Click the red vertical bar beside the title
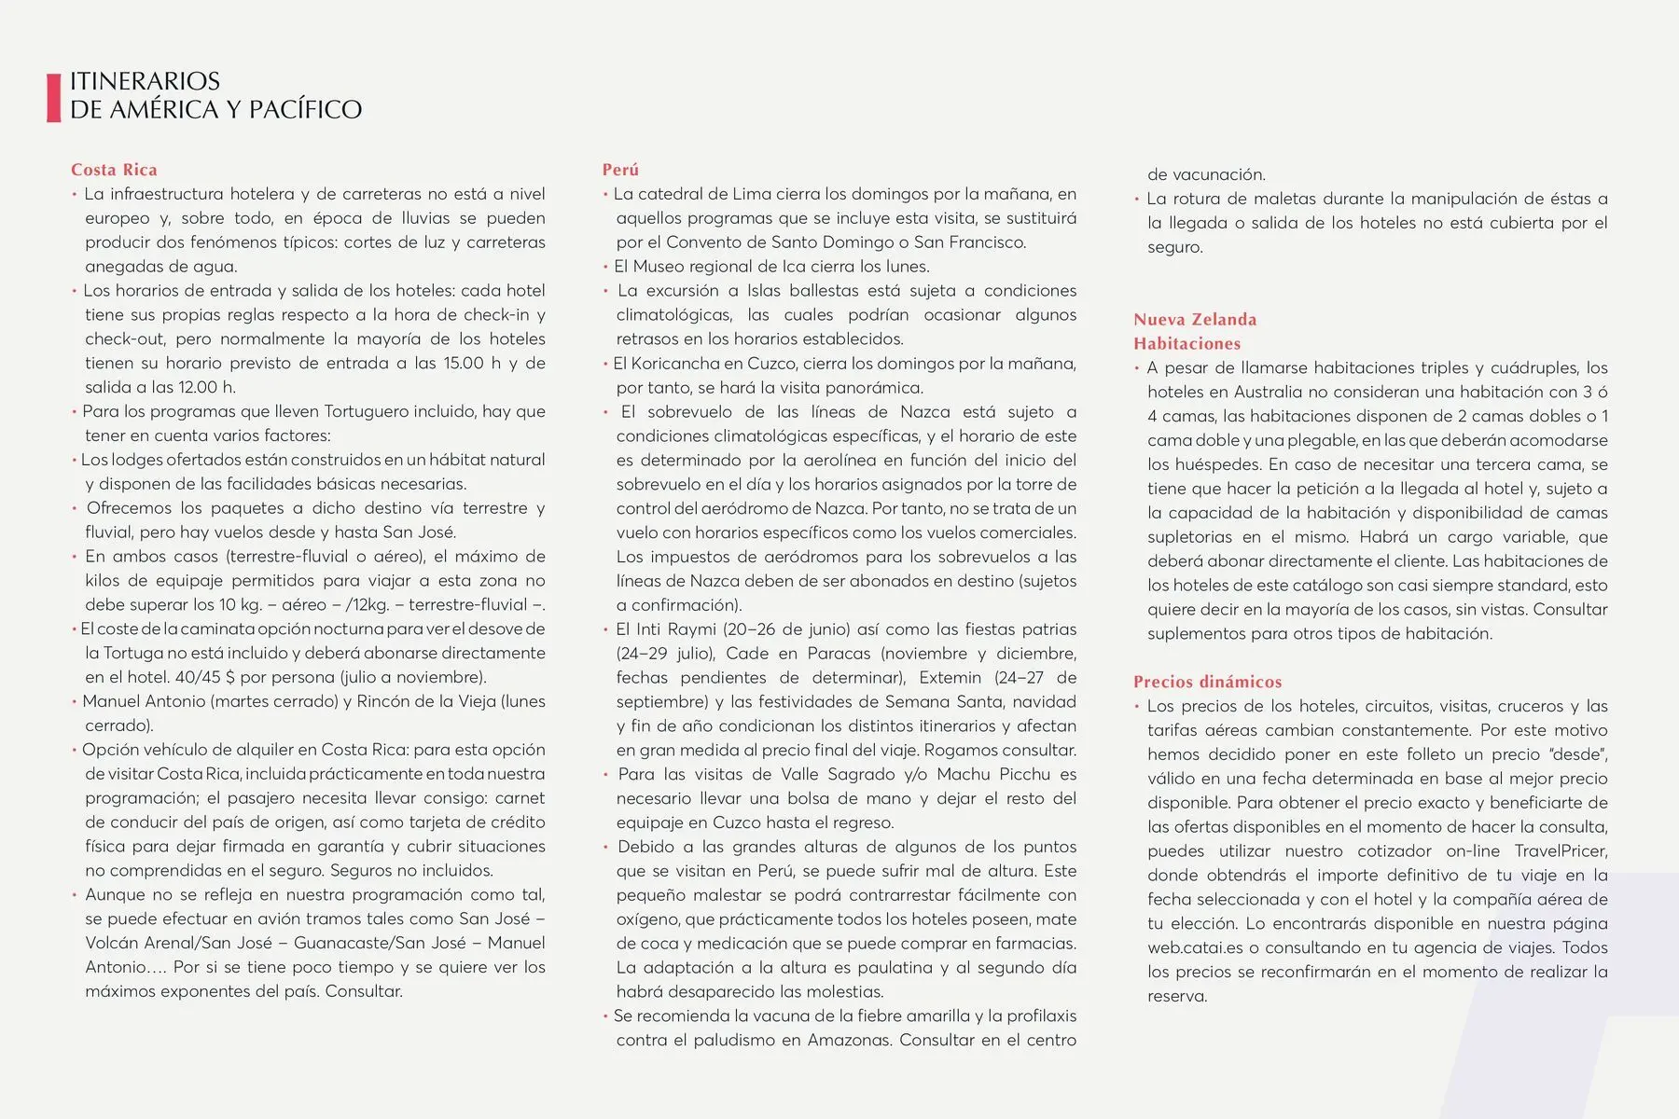pos(53,97)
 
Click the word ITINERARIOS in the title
pos(145,81)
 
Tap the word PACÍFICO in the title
pos(305,110)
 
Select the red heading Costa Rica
pos(114,170)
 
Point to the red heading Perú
pos(620,170)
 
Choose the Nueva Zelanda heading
pos(1195,319)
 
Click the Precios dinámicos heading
pos(1207,682)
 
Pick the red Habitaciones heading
pos(1186,343)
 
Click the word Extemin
pos(950,677)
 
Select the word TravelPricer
pos(1561,850)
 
